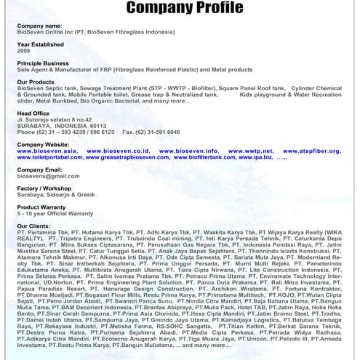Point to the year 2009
click(x=24, y=52)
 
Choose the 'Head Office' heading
click(x=33, y=113)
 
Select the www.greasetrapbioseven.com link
click(x=129, y=157)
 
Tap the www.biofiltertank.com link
click(x=207, y=157)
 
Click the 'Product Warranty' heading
click(x=42, y=207)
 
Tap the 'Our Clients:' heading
click(x=33, y=225)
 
